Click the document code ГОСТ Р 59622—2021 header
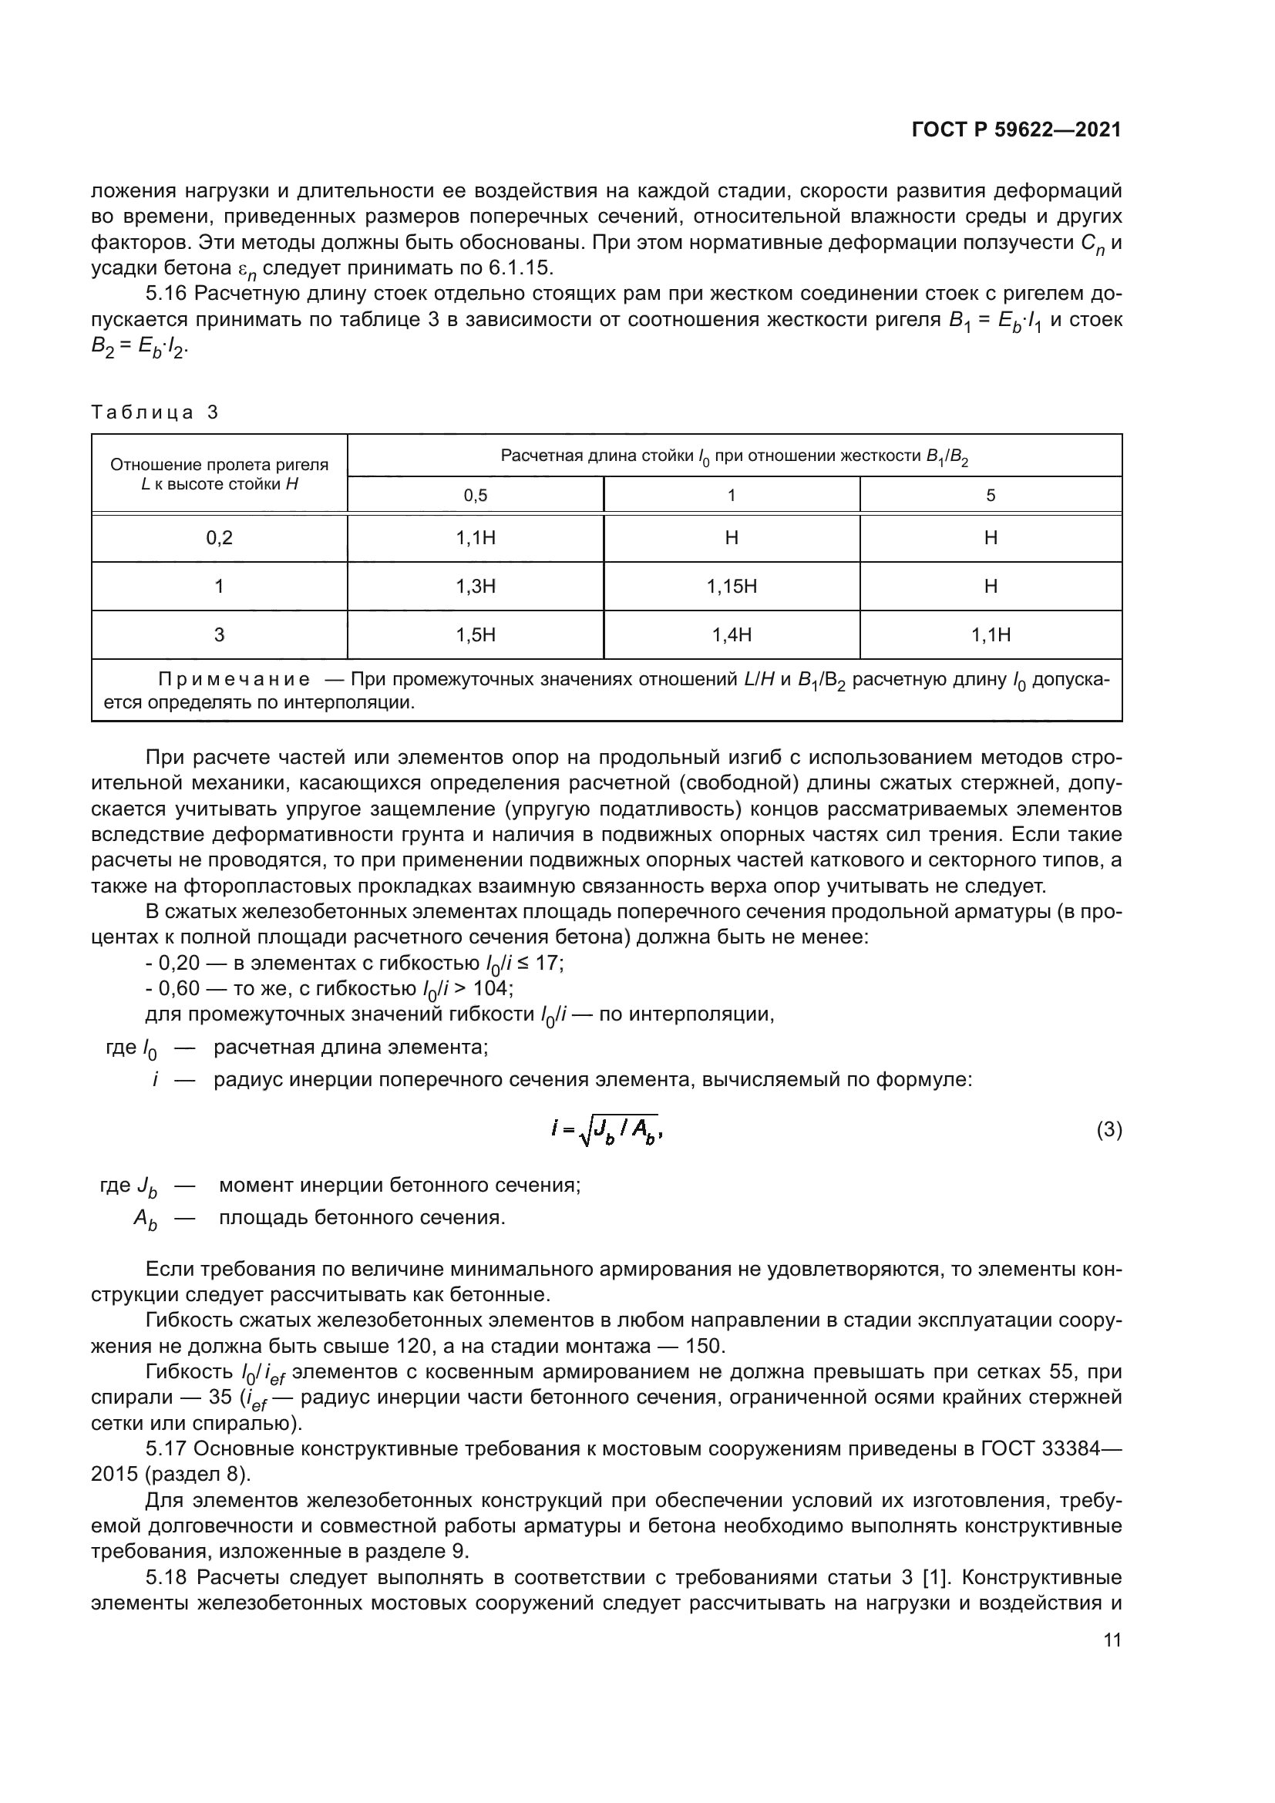[1016, 130]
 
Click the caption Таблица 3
[155, 413]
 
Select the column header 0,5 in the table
[475, 496]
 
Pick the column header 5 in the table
[990, 496]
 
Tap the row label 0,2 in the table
[219, 538]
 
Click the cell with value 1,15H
[731, 587]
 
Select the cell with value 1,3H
[475, 587]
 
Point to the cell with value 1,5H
[475, 635]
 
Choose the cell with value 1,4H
[731, 635]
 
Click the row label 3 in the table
[219, 635]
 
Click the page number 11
[1112, 1640]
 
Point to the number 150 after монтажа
[703, 1346]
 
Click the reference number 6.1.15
[520, 268]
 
